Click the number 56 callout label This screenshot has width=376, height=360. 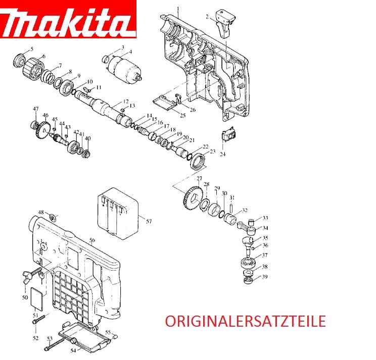click(92, 240)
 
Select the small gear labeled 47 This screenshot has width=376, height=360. click(35, 125)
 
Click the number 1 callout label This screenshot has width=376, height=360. click(178, 8)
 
